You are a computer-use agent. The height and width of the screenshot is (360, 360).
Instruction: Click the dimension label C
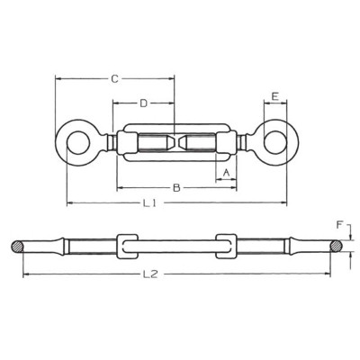point(114,79)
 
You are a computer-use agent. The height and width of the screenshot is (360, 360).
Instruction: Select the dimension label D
point(144,103)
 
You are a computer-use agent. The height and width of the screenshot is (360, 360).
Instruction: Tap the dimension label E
point(274,96)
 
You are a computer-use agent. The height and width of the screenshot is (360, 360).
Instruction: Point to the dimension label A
point(227,172)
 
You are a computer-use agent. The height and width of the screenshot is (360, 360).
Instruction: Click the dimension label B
point(176,188)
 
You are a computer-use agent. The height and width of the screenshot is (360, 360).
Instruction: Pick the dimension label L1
point(149,203)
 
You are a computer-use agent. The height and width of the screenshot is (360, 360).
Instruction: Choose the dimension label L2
point(150,274)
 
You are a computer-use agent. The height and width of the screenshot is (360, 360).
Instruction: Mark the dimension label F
point(339,226)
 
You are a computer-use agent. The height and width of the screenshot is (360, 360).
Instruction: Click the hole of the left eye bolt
point(77,142)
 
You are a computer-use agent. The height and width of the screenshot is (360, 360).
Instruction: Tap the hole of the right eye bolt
point(275,142)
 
